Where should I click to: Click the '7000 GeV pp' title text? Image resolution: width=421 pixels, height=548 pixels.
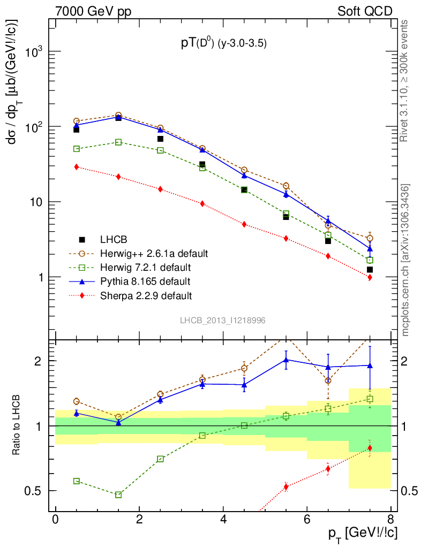[97, 11]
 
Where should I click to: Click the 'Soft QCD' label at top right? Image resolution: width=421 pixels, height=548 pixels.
[365, 11]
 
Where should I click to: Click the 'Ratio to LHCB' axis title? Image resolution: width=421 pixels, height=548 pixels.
[18, 425]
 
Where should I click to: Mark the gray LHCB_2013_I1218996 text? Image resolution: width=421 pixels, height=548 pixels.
[222, 320]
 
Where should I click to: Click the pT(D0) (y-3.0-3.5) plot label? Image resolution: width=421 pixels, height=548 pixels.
[223, 44]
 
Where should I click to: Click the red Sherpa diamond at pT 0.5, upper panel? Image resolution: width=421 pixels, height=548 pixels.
[77, 167]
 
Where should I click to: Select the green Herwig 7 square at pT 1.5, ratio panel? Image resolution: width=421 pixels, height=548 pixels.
[118, 494]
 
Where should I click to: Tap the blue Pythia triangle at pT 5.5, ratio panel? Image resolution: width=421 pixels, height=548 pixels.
[286, 360]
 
